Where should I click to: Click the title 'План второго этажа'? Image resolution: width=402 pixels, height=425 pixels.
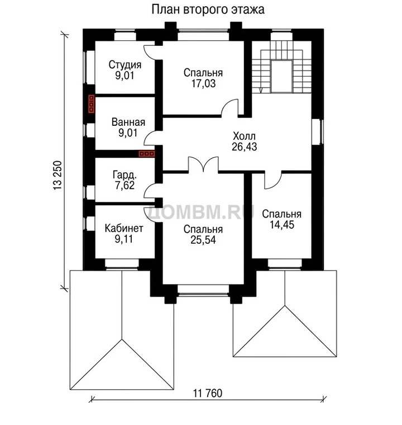(x=208, y=10)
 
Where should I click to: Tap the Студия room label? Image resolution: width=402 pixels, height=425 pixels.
(x=125, y=65)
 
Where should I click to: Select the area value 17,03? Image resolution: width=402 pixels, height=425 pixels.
(x=204, y=83)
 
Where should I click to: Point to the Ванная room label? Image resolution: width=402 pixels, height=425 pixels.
(x=128, y=122)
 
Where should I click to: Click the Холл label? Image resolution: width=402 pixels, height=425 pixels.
(x=244, y=135)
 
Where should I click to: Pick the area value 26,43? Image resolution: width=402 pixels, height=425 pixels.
(x=244, y=147)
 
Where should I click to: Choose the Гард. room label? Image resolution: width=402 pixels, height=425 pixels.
(x=125, y=175)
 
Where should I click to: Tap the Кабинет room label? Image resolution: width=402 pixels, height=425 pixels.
(x=124, y=228)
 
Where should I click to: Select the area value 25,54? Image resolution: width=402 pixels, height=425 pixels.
(x=203, y=240)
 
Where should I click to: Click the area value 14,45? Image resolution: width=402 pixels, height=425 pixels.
(x=282, y=225)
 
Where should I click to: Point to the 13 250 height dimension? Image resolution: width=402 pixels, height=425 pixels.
(x=58, y=176)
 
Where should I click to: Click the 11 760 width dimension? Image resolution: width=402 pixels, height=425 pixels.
(x=208, y=393)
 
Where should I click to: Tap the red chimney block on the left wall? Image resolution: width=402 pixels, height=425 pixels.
(x=92, y=104)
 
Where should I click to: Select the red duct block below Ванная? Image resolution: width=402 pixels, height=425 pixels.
(x=147, y=154)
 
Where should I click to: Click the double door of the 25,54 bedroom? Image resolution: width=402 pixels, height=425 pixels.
(x=203, y=164)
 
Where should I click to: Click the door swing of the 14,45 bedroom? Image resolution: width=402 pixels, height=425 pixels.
(x=273, y=180)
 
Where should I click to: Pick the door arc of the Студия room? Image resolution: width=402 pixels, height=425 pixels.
(x=149, y=51)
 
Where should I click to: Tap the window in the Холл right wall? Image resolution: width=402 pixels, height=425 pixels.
(x=317, y=131)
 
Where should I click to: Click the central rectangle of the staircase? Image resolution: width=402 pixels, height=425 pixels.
(x=282, y=77)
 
